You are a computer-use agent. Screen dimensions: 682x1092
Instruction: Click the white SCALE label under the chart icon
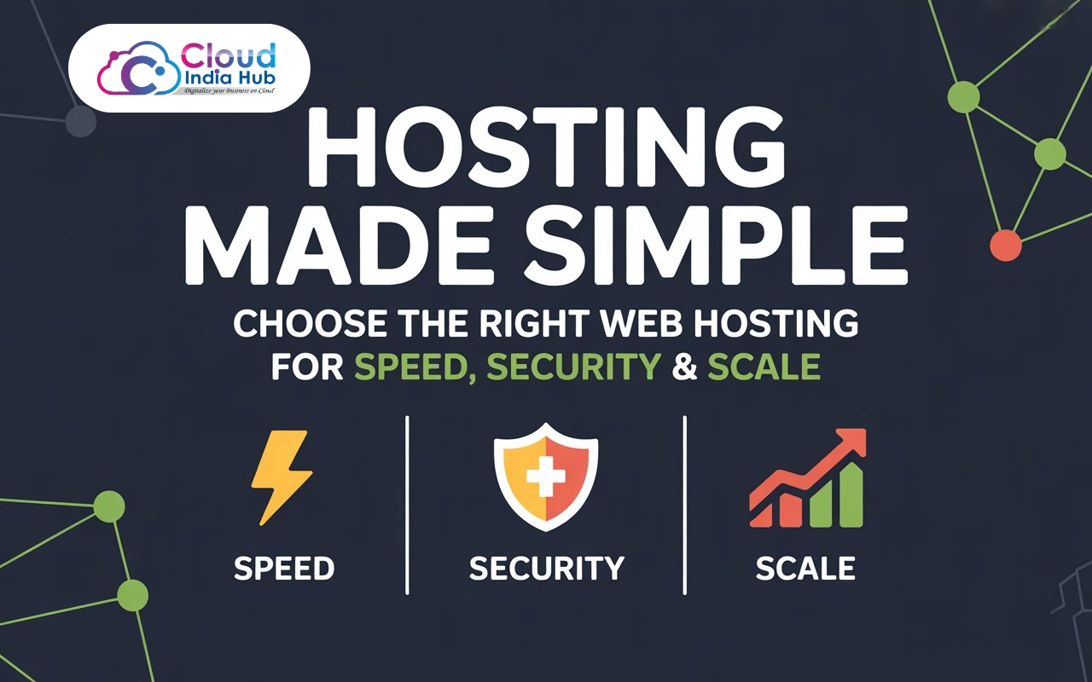[805, 569]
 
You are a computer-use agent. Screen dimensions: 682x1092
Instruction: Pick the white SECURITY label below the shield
[546, 569]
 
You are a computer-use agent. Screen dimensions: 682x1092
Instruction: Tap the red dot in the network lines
[1006, 246]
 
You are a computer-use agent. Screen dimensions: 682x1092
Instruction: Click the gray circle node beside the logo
[81, 121]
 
